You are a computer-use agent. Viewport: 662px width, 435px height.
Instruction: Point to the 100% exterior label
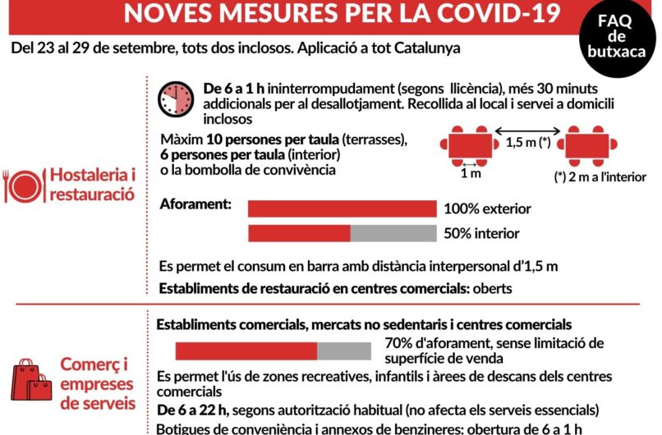tap(487, 208)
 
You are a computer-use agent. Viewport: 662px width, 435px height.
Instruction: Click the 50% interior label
tap(481, 233)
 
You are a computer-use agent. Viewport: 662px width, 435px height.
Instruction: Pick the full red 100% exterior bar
tap(342, 208)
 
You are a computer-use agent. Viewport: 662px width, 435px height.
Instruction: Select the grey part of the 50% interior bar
tap(393, 233)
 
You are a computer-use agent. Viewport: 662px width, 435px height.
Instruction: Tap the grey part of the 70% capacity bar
tap(344, 351)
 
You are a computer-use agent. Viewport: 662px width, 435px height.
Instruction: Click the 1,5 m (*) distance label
tap(527, 142)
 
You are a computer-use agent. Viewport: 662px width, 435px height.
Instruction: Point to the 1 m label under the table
tap(471, 174)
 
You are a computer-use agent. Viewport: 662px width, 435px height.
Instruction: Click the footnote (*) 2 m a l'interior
tap(599, 176)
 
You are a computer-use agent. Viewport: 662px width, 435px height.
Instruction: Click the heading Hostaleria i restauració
tap(91, 185)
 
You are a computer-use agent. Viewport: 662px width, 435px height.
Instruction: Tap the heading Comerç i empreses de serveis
tap(97, 384)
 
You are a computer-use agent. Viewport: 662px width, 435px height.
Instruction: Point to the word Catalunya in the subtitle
tap(420, 48)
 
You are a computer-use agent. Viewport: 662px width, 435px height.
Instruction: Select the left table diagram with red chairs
tap(470, 143)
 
